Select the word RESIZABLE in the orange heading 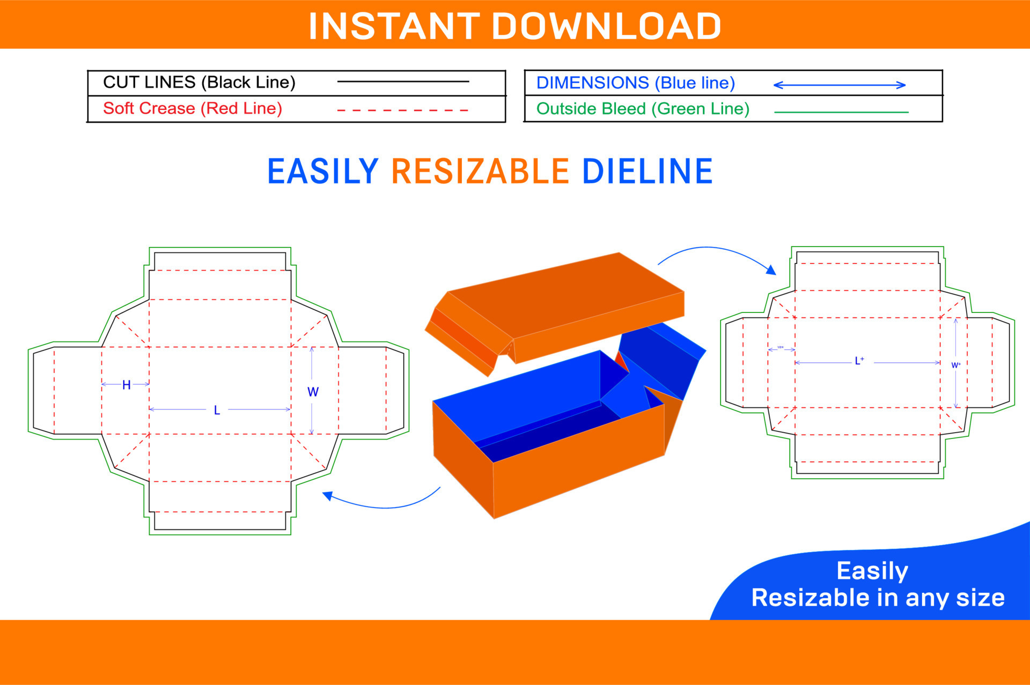tap(480, 172)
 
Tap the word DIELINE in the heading tap(647, 172)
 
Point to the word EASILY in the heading tap(323, 172)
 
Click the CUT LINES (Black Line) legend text tap(199, 82)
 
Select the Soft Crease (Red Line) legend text tap(192, 108)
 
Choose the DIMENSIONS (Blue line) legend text tap(635, 83)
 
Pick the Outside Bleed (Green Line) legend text tap(643, 109)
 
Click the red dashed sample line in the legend tap(402, 110)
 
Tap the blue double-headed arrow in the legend tap(839, 85)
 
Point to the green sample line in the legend tap(841, 112)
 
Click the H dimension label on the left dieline tap(127, 385)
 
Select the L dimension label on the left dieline tap(217, 411)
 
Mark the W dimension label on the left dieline tap(313, 392)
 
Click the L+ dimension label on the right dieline tap(859, 361)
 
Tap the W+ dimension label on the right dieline tap(955, 365)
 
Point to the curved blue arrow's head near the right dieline tap(771, 270)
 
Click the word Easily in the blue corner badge tap(872, 570)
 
